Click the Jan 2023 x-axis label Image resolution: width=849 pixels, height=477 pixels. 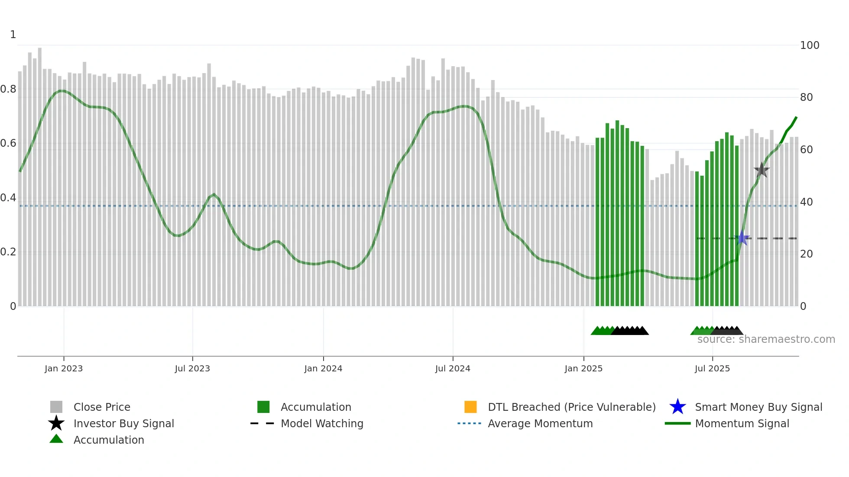(63, 369)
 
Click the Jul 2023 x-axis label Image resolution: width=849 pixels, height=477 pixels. (192, 369)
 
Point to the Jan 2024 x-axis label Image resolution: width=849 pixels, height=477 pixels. (323, 369)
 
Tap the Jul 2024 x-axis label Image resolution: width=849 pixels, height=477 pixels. (453, 369)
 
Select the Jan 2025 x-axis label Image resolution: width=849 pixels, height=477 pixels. (583, 369)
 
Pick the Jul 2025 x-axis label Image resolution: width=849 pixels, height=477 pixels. (712, 369)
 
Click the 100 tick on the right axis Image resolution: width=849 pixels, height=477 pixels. (810, 45)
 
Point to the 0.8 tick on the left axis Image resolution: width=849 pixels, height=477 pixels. (8, 89)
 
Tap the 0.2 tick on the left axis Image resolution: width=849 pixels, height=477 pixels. (8, 252)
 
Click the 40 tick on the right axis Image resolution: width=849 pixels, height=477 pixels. (807, 202)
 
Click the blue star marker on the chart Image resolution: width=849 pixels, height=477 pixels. (742, 238)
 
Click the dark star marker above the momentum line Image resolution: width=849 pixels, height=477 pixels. (762, 170)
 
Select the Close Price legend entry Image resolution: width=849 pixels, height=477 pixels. (102, 407)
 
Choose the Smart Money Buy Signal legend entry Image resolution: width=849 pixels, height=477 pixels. (758, 407)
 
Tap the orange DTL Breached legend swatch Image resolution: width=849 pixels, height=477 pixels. (470, 407)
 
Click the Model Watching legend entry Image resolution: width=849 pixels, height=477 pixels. (322, 424)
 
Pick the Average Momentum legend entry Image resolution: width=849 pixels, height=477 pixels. (540, 424)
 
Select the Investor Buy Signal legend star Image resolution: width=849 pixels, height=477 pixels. (56, 423)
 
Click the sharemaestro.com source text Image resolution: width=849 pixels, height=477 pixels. (766, 339)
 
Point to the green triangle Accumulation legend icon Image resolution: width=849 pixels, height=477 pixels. (56, 439)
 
